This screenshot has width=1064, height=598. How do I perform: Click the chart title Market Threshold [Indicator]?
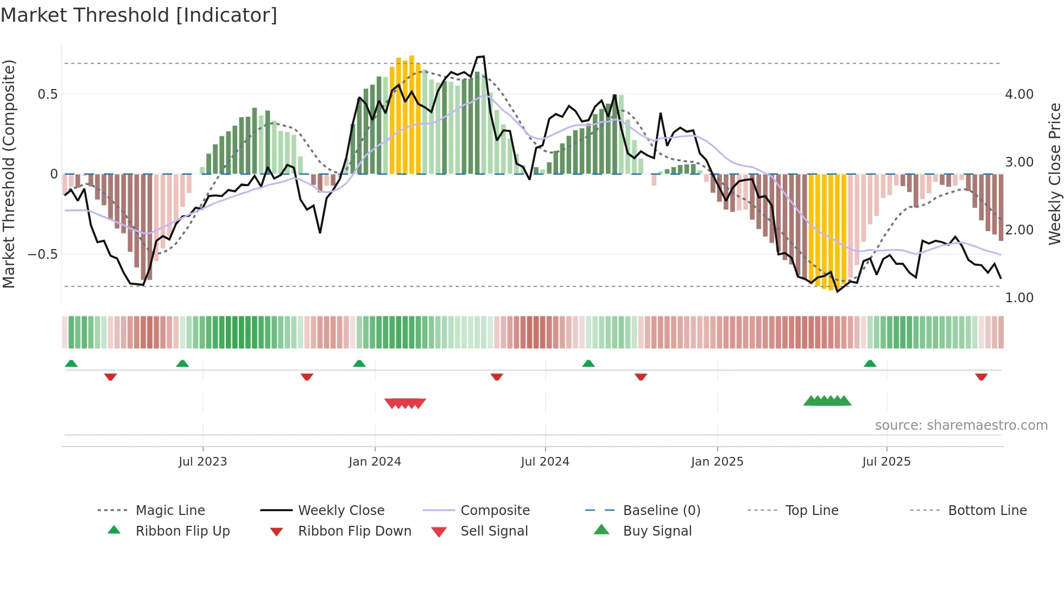point(139,15)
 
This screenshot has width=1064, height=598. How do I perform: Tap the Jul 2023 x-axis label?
point(202,462)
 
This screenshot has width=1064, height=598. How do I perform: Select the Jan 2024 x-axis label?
point(375,462)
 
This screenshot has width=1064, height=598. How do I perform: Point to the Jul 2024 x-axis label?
point(545,462)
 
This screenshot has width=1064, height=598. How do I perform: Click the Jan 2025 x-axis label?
point(717,462)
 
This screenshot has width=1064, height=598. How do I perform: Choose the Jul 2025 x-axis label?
point(886,462)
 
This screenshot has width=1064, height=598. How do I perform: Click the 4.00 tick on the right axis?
point(1019,94)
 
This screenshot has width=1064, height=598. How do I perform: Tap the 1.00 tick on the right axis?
point(1019,298)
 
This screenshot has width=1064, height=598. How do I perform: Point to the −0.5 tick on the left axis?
point(42,255)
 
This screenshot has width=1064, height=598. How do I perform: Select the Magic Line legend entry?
point(170,511)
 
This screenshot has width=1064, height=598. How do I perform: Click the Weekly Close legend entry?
point(341,511)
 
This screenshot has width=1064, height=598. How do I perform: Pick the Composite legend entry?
point(495,511)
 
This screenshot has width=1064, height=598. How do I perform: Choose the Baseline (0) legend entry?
point(662,511)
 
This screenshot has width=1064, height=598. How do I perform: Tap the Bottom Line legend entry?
point(987,511)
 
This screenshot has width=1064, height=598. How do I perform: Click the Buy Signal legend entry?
point(657,531)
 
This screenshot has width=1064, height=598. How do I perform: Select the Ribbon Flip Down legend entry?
point(354,531)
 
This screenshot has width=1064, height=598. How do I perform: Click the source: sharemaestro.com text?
point(961,425)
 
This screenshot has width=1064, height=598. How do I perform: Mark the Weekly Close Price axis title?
point(1054,174)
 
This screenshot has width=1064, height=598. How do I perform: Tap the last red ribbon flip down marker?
point(981,377)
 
